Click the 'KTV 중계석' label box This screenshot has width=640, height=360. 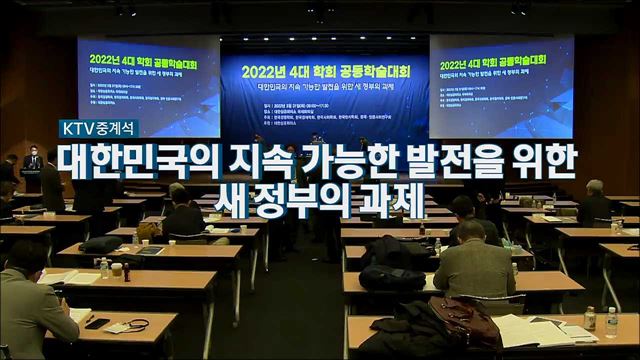pyautogui.click(x=99, y=129)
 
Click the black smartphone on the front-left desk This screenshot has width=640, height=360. pyautogui.click(x=97, y=323)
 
